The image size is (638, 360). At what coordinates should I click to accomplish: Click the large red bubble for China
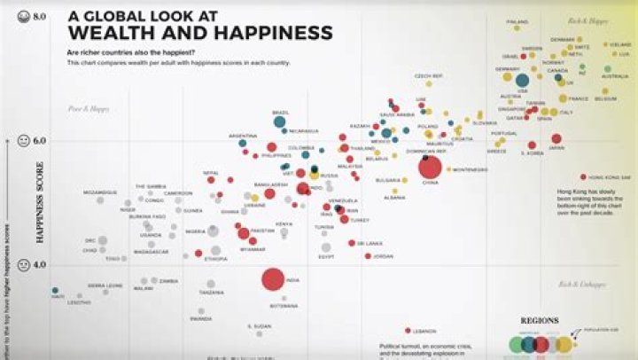tap(431, 167)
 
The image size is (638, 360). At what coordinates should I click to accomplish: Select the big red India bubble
tap(273, 280)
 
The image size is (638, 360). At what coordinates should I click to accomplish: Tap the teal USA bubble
tap(522, 80)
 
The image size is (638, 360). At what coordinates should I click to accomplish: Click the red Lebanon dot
tap(408, 331)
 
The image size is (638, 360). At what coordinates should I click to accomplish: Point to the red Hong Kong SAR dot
tap(583, 177)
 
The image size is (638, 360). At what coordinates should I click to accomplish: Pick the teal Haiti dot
tap(55, 290)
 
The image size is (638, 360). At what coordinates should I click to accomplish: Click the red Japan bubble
tap(556, 138)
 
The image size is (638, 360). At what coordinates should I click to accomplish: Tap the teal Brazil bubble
tap(280, 121)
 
